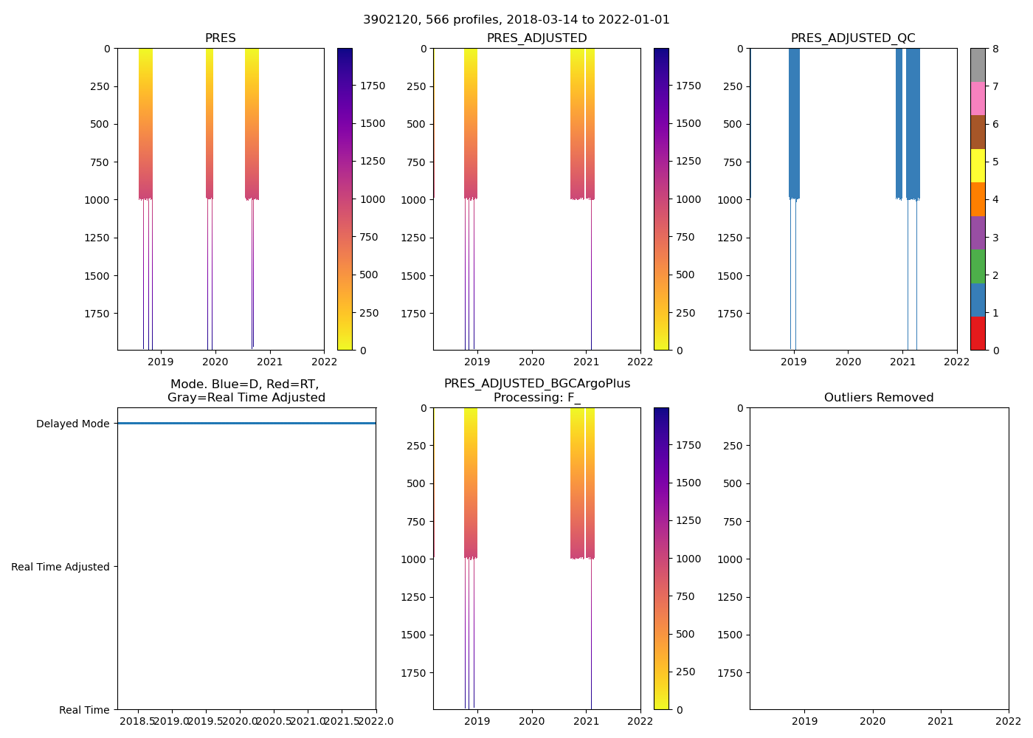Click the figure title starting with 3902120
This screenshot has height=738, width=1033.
(516, 20)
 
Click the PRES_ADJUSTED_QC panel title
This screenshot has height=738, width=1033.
(853, 38)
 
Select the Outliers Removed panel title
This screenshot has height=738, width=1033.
(879, 398)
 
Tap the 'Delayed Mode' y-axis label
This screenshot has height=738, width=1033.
(72, 424)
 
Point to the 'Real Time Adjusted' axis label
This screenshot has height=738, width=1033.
(61, 567)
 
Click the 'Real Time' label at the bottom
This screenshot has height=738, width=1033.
(84, 710)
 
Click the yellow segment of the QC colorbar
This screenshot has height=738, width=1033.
(978, 165)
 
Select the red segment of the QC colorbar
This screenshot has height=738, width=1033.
(978, 334)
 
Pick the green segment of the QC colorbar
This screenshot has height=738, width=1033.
(978, 266)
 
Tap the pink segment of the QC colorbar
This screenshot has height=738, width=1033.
(978, 98)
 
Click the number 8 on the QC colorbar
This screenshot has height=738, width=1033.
(995, 49)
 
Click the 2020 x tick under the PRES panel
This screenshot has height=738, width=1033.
(215, 362)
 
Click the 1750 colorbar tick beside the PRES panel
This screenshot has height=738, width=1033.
(373, 86)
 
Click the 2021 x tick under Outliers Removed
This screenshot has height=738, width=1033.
(940, 721)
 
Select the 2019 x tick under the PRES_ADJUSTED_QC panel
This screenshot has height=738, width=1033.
(793, 362)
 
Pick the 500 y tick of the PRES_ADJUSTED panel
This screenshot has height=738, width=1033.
(416, 124)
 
